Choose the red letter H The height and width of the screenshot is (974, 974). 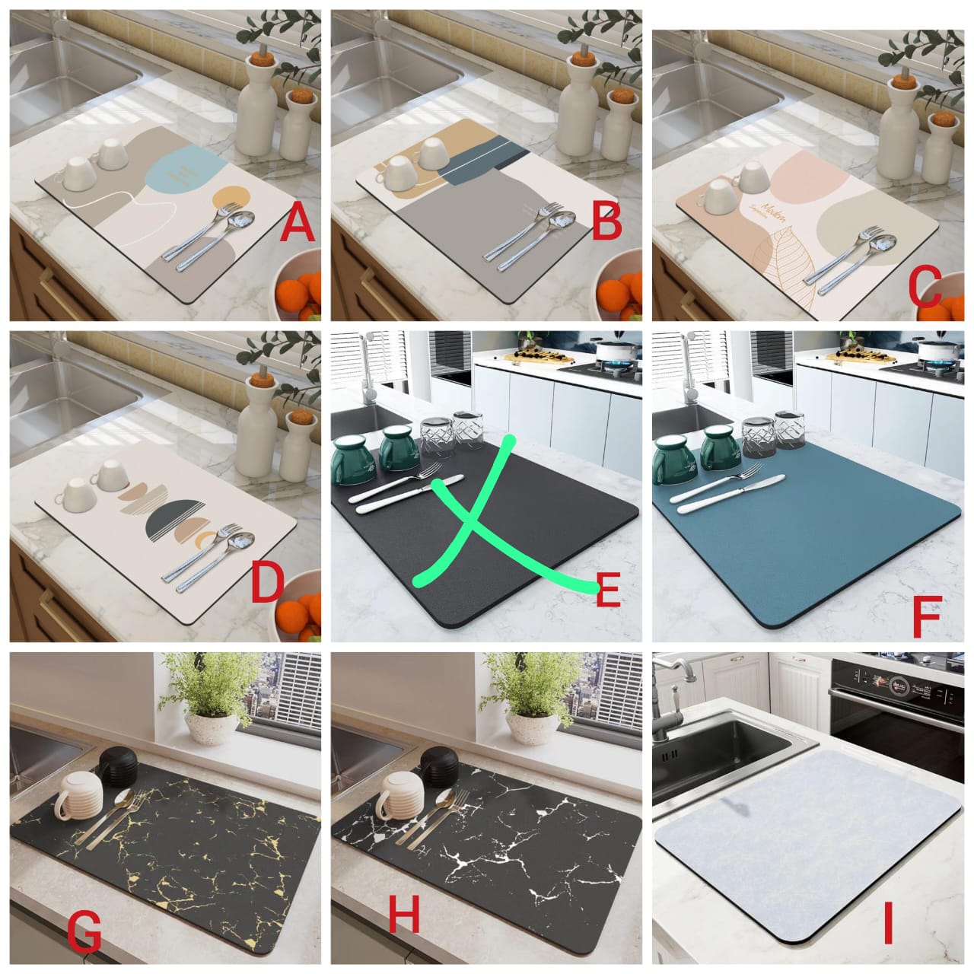(404, 917)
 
